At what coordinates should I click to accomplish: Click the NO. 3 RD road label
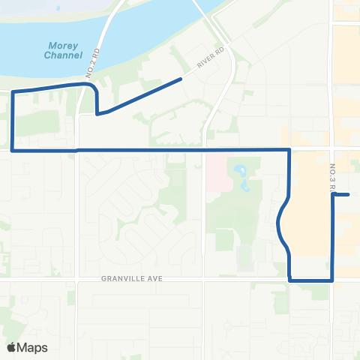(x=331, y=180)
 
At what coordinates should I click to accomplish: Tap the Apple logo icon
(x=11, y=347)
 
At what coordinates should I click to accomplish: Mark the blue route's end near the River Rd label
(x=181, y=78)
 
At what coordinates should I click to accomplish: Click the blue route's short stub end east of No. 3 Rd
(x=349, y=195)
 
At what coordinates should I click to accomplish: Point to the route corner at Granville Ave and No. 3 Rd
(x=332, y=280)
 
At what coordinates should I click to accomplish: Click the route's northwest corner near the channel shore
(x=13, y=91)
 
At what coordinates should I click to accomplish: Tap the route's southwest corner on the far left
(x=13, y=150)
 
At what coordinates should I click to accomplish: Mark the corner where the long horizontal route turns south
(x=289, y=150)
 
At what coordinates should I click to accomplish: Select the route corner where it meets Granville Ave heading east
(x=289, y=280)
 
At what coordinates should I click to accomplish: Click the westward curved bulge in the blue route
(x=279, y=222)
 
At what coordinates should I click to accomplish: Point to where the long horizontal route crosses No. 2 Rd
(x=76, y=150)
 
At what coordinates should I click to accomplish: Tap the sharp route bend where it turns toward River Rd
(x=97, y=115)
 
